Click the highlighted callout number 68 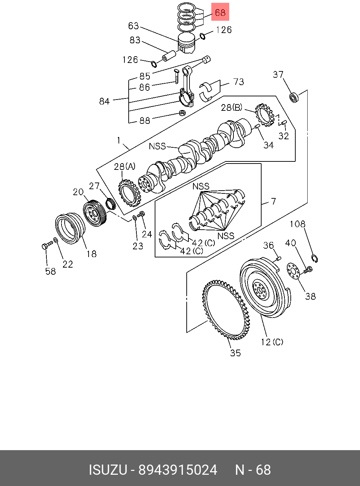[x=220, y=12]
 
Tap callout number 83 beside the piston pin [x=135, y=40]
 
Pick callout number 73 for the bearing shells [x=239, y=82]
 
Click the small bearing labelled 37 [x=294, y=97]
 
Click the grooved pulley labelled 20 [x=95, y=213]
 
